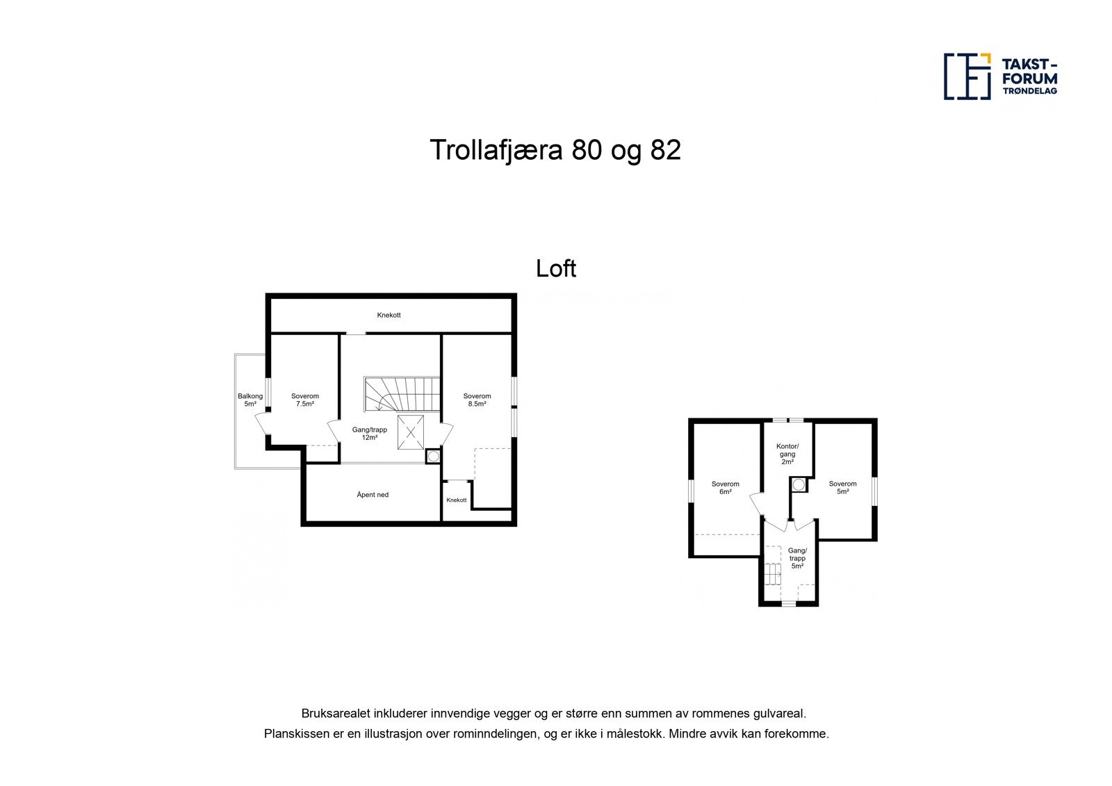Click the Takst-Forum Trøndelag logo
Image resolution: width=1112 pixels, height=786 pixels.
[x=1000, y=76]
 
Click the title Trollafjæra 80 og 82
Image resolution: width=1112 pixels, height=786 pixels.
[x=555, y=150]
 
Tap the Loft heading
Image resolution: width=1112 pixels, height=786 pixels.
[x=555, y=268]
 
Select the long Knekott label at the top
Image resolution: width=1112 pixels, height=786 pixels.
[x=389, y=316]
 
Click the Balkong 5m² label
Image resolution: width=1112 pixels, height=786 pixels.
[x=250, y=400]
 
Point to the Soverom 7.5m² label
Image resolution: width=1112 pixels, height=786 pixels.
[x=304, y=400]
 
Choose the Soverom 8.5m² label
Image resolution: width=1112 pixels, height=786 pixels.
[x=477, y=400]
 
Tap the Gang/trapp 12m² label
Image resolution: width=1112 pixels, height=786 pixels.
[x=369, y=434]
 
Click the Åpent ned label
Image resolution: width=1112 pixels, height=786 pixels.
[x=373, y=496]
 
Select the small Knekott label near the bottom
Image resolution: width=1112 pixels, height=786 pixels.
[x=457, y=500]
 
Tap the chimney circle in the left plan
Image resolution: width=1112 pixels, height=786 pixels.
[x=434, y=457]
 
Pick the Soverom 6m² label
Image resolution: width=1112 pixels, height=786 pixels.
[x=725, y=488]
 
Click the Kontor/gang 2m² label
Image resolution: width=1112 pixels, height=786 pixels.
[x=787, y=454]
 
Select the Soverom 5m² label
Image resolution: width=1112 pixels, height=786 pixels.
[x=842, y=488]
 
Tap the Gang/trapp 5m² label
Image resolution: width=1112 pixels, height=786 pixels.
[x=796, y=558]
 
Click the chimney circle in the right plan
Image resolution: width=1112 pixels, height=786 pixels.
[x=799, y=484]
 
